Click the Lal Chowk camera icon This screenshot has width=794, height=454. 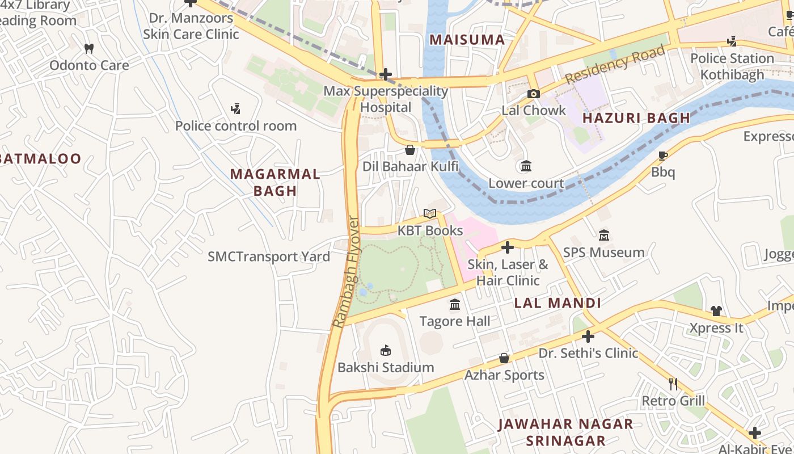click(x=533, y=94)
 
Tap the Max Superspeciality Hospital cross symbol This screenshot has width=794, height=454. click(x=386, y=74)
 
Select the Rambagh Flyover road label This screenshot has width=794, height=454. click(x=347, y=272)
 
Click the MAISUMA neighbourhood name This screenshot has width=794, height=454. click(x=467, y=40)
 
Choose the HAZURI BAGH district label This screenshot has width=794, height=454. click(x=636, y=119)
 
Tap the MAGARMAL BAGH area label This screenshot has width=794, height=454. click(x=275, y=182)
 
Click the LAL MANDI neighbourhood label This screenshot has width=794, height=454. click(x=557, y=303)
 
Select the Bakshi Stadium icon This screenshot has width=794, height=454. click(x=386, y=350)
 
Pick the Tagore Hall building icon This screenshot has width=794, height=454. click(x=455, y=305)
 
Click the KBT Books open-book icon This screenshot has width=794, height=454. click(x=430, y=214)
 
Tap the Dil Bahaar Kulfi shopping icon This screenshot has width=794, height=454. click(x=410, y=150)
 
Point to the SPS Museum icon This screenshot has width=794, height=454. click(x=604, y=235)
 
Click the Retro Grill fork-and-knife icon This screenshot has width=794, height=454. click(x=673, y=384)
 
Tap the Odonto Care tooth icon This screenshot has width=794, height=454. click(x=88, y=49)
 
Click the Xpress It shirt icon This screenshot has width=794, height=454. click(x=716, y=311)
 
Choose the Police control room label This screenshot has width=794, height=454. click(x=236, y=126)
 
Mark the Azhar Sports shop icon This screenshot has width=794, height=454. click(x=504, y=358)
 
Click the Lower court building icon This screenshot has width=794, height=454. click(x=526, y=166)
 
